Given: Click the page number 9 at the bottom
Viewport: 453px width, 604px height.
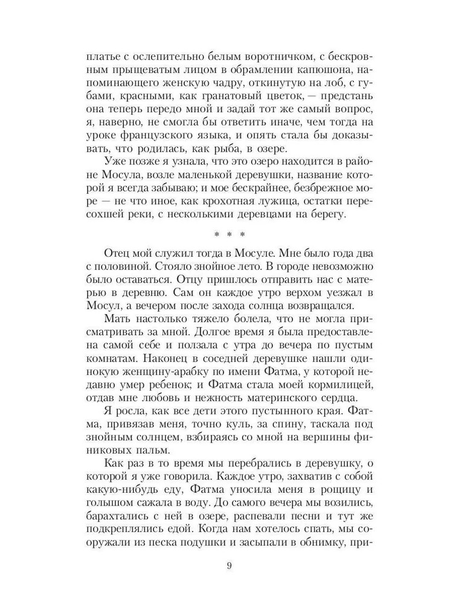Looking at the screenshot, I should pos(228,566).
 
